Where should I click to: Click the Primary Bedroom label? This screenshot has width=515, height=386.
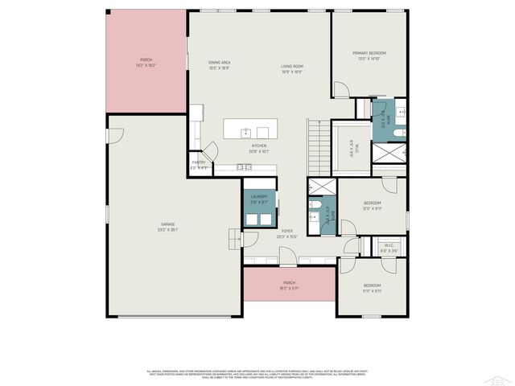[x=370, y=55]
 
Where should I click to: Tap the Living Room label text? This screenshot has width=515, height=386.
[x=291, y=68]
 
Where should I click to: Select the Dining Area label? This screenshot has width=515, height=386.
[x=220, y=64]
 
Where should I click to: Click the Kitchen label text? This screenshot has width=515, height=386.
[x=258, y=147]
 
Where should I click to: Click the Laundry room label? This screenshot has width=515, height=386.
[x=258, y=198]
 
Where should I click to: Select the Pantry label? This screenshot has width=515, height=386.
[x=199, y=164]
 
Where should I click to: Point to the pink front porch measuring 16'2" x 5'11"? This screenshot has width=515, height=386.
[x=289, y=285]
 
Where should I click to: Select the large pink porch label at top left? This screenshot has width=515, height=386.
[x=146, y=62]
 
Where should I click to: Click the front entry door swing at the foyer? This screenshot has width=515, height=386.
[x=287, y=260]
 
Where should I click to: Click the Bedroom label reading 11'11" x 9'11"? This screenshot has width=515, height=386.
[x=371, y=287]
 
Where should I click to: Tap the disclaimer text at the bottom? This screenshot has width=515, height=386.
[x=257, y=373]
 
